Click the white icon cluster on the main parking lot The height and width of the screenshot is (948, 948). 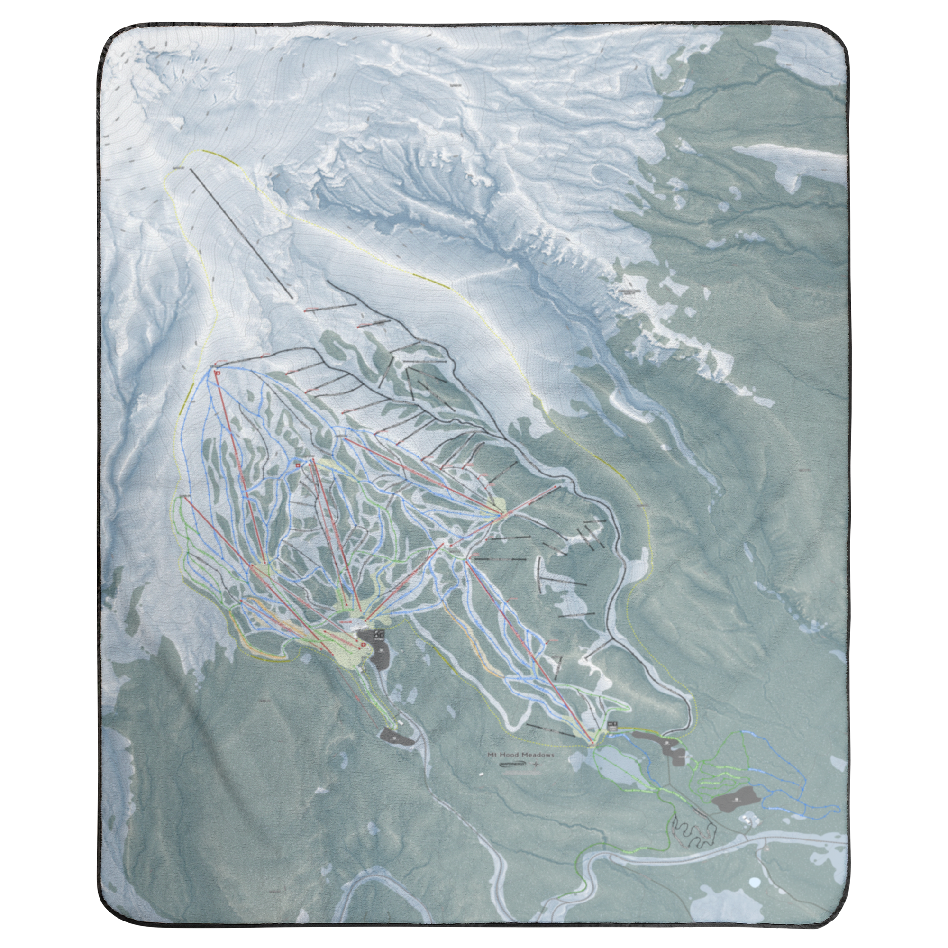[x=379, y=633]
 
